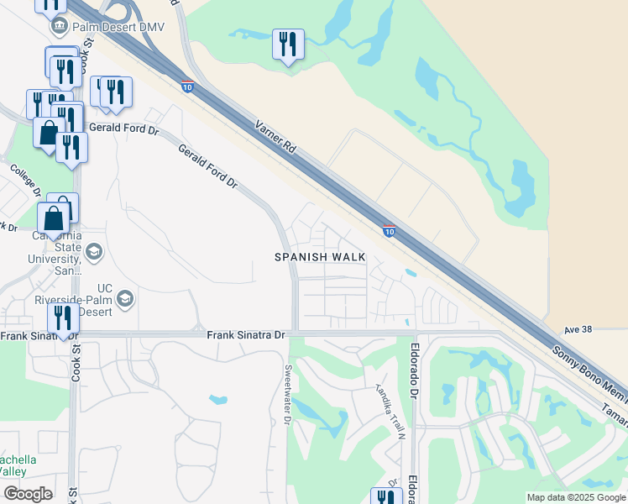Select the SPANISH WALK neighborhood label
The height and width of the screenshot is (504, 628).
pos(321,257)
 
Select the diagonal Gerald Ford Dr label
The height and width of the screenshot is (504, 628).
pos(208,165)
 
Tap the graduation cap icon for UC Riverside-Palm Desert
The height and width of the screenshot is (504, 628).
pos(125,298)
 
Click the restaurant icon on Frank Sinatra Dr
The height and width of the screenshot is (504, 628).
pos(63,319)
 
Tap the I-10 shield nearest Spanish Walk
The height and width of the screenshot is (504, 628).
pos(389,230)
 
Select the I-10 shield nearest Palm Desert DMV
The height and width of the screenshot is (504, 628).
pos(186,86)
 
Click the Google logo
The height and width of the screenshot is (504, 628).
pos(28,493)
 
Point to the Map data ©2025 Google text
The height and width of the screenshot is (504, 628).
pos(575,497)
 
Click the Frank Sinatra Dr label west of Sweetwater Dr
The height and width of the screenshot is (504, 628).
pos(247,334)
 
